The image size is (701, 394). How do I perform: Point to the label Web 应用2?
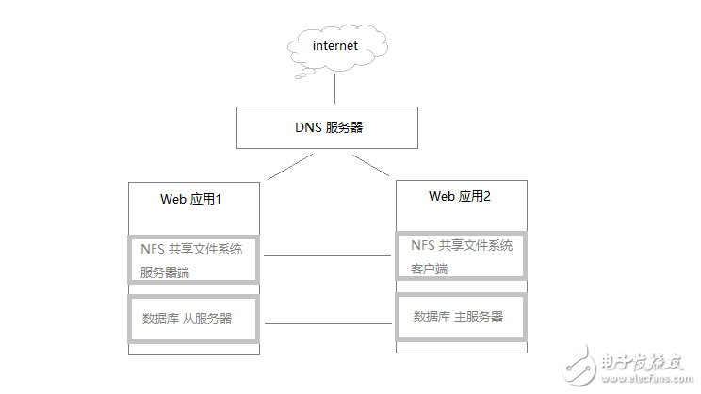[460, 196]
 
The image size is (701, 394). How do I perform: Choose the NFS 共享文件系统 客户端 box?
[461, 257]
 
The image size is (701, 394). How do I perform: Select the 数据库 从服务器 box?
[193, 320]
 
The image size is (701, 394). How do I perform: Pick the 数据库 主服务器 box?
[461, 317]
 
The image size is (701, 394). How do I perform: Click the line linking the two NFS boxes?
[326, 255]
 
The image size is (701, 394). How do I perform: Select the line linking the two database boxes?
[326, 323]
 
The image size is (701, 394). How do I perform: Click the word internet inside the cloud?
[336, 44]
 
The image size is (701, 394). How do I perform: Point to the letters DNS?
[307, 127]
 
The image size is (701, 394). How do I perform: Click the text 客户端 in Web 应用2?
[430, 269]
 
